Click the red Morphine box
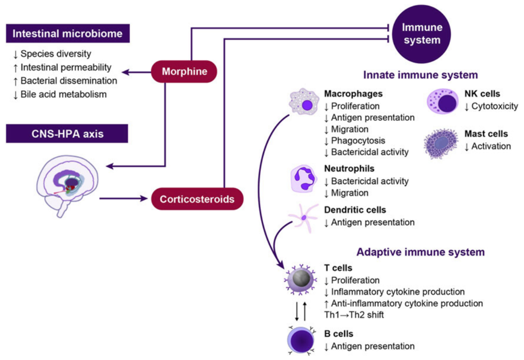click(x=184, y=72)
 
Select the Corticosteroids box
click(x=197, y=199)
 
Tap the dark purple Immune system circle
click(x=422, y=34)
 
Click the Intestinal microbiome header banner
click(x=68, y=33)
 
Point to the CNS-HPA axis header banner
click(x=67, y=133)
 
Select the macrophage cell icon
click(x=304, y=102)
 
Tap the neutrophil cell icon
click(x=304, y=179)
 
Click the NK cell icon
click(x=442, y=101)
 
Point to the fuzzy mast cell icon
click(x=441, y=143)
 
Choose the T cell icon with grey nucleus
click(x=301, y=279)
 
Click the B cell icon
click(x=301, y=340)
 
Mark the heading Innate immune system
click(x=420, y=75)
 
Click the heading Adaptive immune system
click(x=420, y=252)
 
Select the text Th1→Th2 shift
click(x=354, y=315)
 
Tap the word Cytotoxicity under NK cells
click(x=495, y=106)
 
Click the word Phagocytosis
click(x=358, y=141)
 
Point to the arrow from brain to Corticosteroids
click(x=123, y=198)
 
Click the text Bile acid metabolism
click(x=63, y=94)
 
